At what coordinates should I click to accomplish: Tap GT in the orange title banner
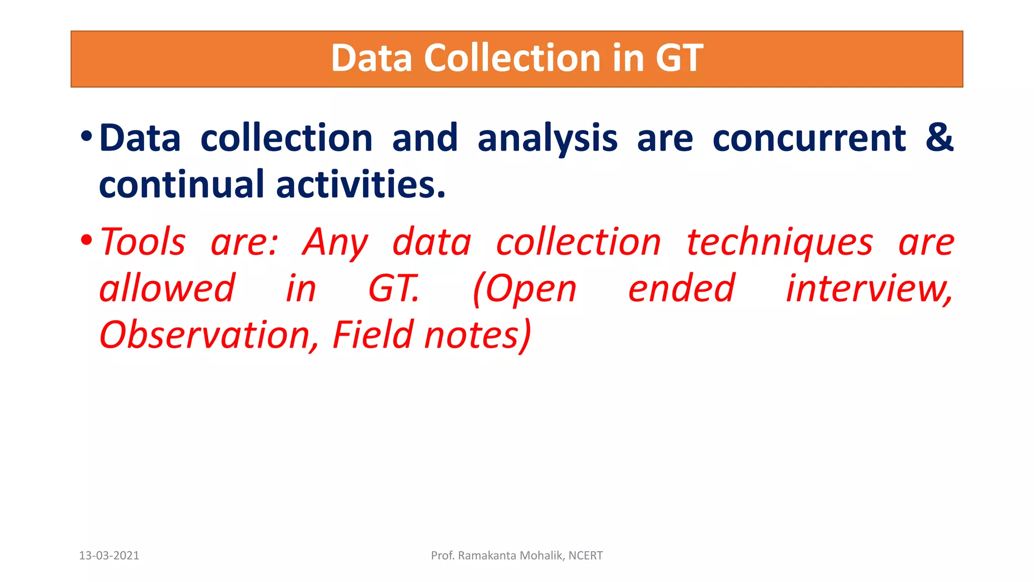[x=679, y=58]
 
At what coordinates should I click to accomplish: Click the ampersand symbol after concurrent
[x=939, y=137]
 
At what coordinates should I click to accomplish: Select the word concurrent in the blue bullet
[x=809, y=138]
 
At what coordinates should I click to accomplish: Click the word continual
[x=181, y=184]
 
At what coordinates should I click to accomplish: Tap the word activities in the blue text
[x=360, y=184]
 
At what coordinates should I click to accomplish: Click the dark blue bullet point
[x=86, y=136]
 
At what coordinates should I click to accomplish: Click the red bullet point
[x=86, y=239]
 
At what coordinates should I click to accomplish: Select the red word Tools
[x=143, y=242]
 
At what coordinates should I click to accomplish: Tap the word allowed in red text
[x=167, y=288]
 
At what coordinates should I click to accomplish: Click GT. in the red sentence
[x=394, y=288]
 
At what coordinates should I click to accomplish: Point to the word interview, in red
[x=869, y=288]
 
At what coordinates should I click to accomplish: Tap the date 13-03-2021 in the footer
[x=109, y=556]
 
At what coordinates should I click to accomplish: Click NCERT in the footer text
[x=585, y=556]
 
